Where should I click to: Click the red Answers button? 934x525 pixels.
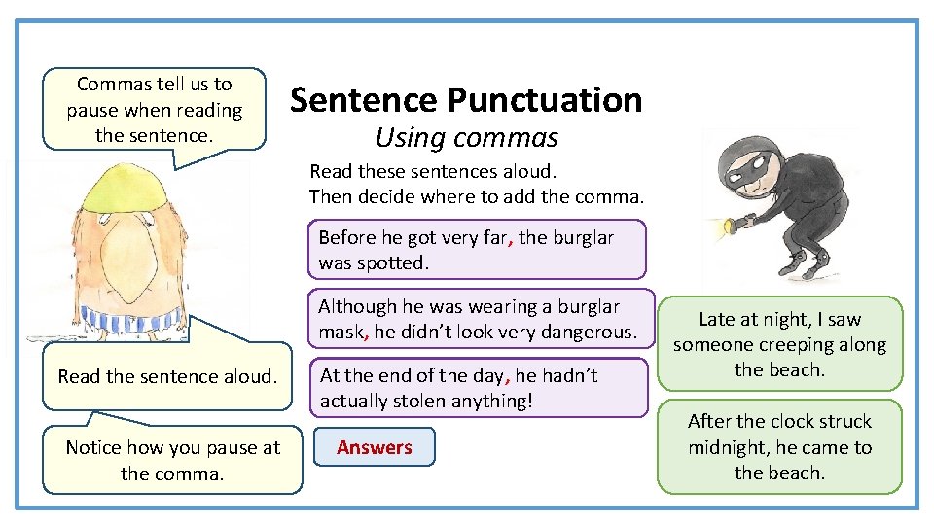point(374,447)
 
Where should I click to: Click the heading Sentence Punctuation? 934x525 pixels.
point(466,99)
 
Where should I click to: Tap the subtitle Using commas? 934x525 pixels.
point(466,137)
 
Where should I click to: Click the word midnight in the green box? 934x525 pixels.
point(728,447)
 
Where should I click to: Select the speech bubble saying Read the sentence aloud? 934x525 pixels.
point(167,376)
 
